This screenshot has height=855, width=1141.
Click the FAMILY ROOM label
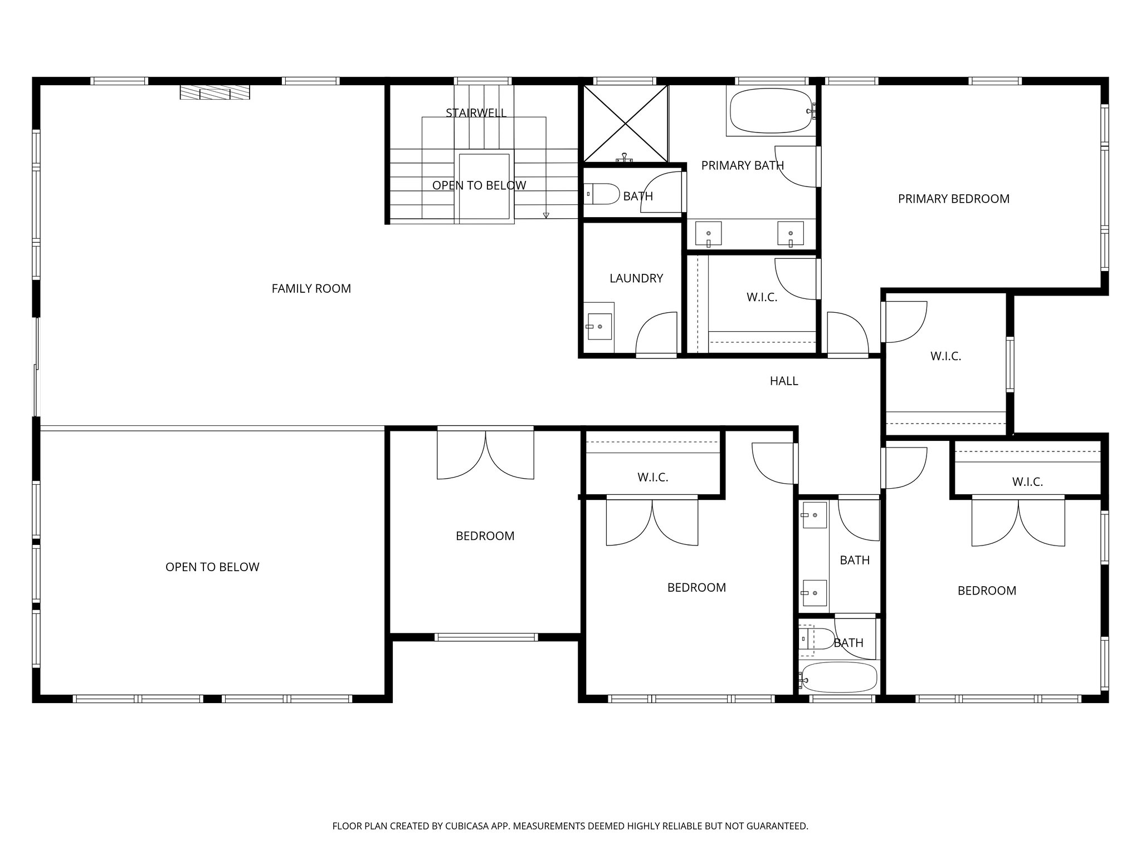pyautogui.click(x=311, y=288)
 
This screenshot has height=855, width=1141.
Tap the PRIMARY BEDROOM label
pyautogui.click(x=953, y=199)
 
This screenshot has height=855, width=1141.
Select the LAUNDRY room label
pyautogui.click(x=636, y=278)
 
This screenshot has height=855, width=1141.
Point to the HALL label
pyautogui.click(x=783, y=381)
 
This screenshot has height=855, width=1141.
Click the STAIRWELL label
pyautogui.click(x=476, y=113)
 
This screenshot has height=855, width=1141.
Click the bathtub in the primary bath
pyautogui.click(x=769, y=111)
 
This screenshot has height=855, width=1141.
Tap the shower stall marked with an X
pyautogui.click(x=625, y=123)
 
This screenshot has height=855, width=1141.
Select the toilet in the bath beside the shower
pyautogui.click(x=604, y=194)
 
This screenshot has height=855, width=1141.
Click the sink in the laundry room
pyautogui.click(x=598, y=327)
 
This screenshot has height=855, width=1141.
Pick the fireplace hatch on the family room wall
pyautogui.click(x=214, y=93)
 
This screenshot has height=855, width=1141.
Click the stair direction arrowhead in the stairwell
pyautogui.click(x=546, y=215)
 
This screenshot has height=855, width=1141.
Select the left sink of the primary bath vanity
pyautogui.click(x=709, y=233)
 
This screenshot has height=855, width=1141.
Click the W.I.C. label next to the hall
pyautogui.click(x=945, y=356)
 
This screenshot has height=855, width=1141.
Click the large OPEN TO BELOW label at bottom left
pyautogui.click(x=212, y=567)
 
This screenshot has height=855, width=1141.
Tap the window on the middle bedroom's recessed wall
pyautogui.click(x=486, y=637)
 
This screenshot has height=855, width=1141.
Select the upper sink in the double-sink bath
pyautogui.click(x=813, y=515)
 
